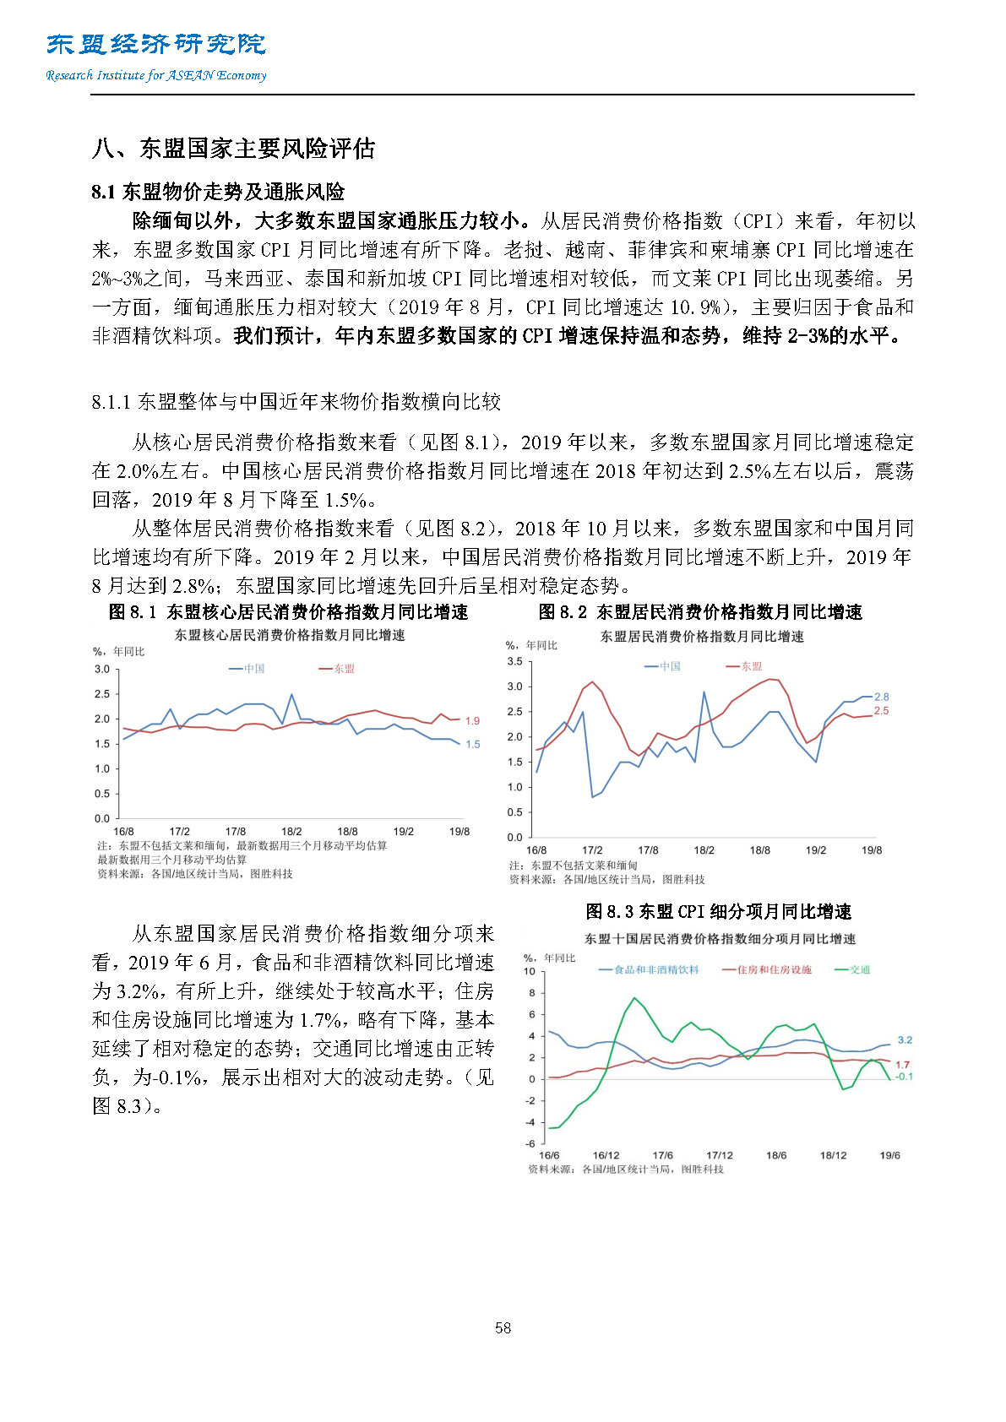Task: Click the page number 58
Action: (x=503, y=1327)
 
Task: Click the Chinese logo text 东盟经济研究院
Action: (x=156, y=44)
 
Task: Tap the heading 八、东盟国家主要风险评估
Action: (x=233, y=149)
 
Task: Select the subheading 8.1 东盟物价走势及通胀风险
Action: (x=218, y=192)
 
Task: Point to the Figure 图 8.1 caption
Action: (x=288, y=612)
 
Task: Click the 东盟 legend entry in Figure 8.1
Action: (x=338, y=669)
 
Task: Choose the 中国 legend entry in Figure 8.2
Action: (x=664, y=666)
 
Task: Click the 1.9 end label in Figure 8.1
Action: (x=472, y=720)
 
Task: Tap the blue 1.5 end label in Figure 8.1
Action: (x=472, y=744)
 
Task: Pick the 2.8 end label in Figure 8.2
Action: (x=881, y=697)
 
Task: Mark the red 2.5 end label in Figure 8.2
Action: (x=881, y=711)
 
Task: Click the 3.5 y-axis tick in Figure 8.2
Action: (x=514, y=661)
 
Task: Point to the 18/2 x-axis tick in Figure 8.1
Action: (x=291, y=832)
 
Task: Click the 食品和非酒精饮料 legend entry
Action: (x=650, y=969)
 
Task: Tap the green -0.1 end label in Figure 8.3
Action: (x=903, y=1077)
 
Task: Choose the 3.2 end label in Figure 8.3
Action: (x=905, y=1040)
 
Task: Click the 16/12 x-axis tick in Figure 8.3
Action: (x=606, y=1155)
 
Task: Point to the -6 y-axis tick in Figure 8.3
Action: (x=530, y=1143)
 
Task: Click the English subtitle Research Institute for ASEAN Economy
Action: (x=156, y=75)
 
